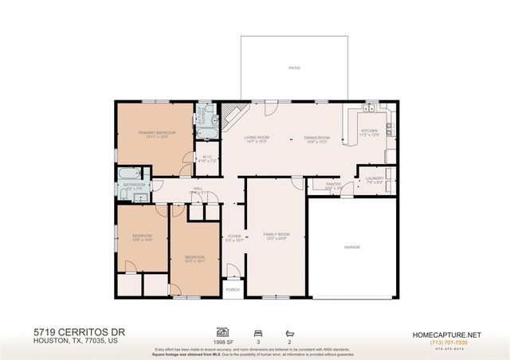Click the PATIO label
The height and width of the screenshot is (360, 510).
click(294, 68)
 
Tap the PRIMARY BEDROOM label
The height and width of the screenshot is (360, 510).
click(156, 132)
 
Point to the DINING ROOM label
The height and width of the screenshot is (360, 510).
click(318, 138)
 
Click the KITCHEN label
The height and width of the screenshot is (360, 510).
click(369, 130)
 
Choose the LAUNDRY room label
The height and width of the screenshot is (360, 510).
click(375, 178)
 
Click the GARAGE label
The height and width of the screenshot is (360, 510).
click(351, 247)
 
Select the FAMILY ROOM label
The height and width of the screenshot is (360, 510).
click(277, 234)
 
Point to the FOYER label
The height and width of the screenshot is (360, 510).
click(234, 237)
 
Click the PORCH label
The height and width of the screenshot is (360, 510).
click(233, 289)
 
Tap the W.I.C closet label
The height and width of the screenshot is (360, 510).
click(206, 157)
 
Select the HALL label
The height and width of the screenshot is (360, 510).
click(198, 189)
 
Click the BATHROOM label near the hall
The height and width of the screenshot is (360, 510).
click(133, 185)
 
